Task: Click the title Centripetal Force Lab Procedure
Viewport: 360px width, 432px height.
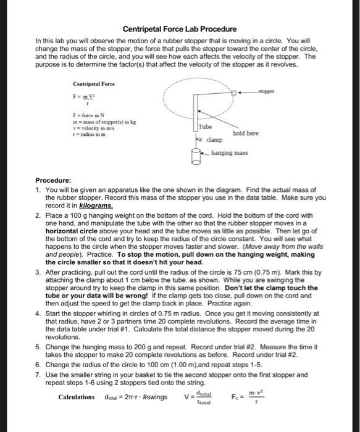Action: tap(179, 29)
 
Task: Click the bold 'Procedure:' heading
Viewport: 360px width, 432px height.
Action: tap(53, 181)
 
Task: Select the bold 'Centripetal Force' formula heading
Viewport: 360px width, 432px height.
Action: tap(93, 83)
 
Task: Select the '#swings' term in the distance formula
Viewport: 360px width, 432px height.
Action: tap(154, 396)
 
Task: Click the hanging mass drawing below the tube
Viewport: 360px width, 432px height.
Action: tap(195, 154)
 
